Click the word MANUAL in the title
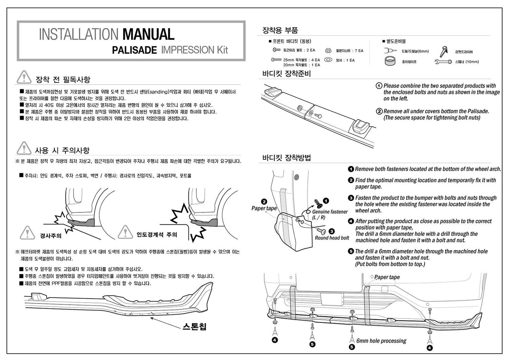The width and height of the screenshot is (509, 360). point(148,35)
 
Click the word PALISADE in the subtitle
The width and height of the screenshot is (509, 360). point(134,50)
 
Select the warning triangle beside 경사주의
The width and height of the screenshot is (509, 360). point(27,232)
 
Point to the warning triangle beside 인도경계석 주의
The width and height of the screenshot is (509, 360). point(125,232)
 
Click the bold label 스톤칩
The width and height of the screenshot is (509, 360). point(194,327)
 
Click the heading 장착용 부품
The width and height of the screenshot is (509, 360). point(280,30)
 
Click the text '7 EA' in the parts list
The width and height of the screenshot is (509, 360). point(359,51)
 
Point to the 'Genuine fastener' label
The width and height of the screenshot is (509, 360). point(330,212)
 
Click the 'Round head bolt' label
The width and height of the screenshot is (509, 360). point(332,238)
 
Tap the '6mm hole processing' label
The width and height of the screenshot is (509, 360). point(381,341)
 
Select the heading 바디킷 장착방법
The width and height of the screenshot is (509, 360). point(287,157)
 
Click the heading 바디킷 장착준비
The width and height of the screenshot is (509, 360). point(287,74)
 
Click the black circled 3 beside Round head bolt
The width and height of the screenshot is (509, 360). point(332,231)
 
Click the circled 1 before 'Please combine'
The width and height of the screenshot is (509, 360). point(379,86)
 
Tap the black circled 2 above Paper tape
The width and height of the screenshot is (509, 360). point(264,202)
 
